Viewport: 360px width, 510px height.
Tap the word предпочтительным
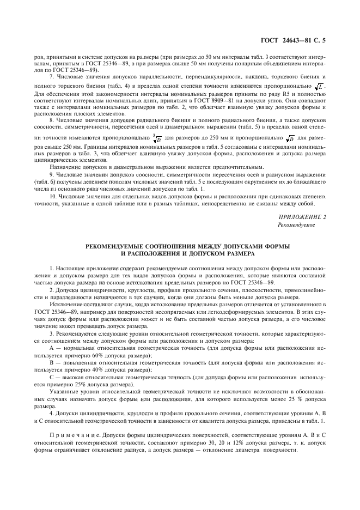[239, 166]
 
